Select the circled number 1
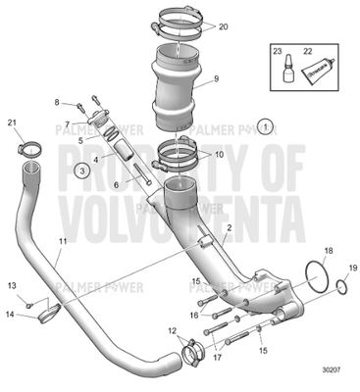coord(268,125)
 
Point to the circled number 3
coord(84,169)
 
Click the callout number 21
coord(13,122)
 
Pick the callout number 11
coord(63,241)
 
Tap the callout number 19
coord(352,269)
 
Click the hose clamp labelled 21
coord(28,151)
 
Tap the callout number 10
coord(218,155)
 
